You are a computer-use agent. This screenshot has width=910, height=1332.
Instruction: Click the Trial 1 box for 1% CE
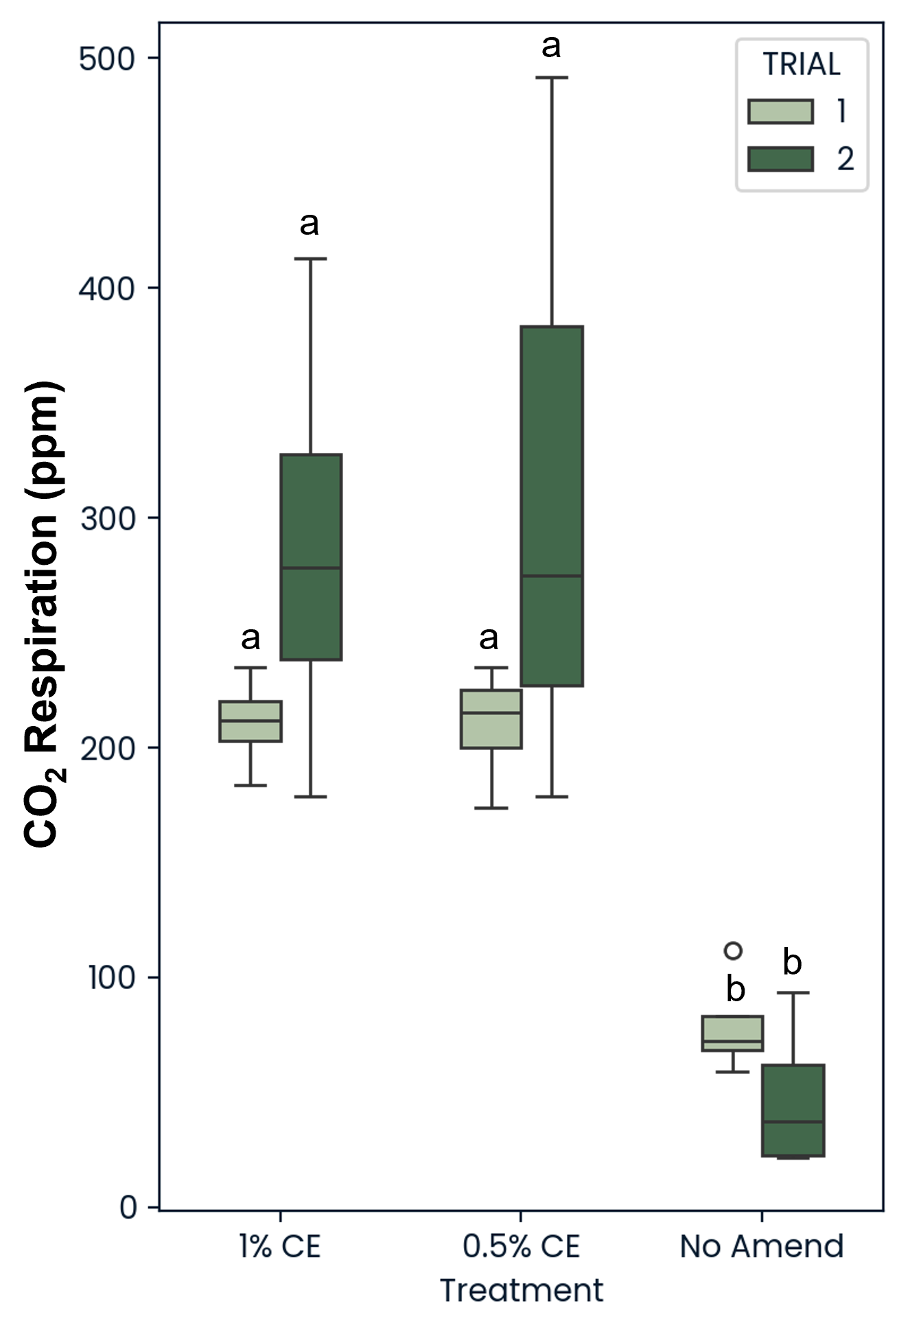[250, 721]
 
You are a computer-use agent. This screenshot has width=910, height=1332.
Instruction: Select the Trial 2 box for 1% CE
[311, 557]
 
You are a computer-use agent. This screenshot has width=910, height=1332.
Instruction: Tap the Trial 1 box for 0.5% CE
[491, 718]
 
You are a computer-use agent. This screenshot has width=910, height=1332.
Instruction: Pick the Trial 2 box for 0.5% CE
[552, 506]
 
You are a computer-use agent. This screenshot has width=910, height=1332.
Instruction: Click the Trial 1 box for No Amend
[733, 1033]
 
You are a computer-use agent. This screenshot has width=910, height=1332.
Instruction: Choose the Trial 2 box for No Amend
[793, 1110]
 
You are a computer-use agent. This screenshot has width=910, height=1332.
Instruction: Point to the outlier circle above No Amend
[733, 950]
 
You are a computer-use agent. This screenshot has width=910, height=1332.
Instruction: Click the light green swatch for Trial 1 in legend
[780, 111]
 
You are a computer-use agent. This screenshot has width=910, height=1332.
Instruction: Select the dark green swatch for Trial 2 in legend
[780, 159]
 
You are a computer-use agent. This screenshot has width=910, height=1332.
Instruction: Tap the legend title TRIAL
[802, 65]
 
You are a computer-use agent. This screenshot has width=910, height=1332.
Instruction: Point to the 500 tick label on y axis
[107, 59]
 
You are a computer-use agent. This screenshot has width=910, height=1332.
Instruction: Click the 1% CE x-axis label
[280, 1246]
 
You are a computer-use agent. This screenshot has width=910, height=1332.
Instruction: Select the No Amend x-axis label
[761, 1246]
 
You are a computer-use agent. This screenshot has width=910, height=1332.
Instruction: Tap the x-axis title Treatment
[522, 1290]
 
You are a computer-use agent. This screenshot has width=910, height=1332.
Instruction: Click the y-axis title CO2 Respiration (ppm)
[44, 614]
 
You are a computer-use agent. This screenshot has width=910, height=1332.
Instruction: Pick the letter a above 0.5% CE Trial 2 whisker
[551, 47]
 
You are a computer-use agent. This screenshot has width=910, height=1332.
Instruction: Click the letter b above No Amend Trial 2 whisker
[792, 962]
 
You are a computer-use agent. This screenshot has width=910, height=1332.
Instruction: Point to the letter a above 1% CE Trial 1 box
[250, 638]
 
